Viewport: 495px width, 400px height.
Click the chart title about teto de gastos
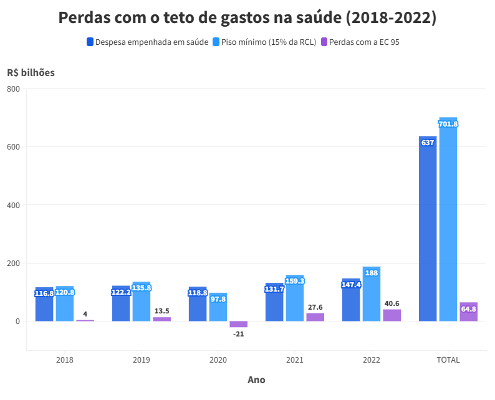click(247, 17)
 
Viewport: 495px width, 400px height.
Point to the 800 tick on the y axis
click(14, 89)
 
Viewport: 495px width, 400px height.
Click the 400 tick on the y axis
click(14, 205)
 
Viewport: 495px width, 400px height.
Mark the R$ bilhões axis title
click(31, 72)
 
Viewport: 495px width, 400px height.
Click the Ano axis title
click(256, 379)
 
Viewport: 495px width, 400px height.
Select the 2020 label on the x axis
click(218, 360)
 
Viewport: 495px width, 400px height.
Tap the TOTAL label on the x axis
click(448, 360)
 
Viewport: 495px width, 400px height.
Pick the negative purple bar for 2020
click(238, 324)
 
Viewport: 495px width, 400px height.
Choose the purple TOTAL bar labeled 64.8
click(469, 312)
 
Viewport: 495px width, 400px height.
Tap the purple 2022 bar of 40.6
click(392, 315)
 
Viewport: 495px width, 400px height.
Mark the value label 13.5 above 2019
click(161, 311)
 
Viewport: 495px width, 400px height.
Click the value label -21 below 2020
click(238, 334)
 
